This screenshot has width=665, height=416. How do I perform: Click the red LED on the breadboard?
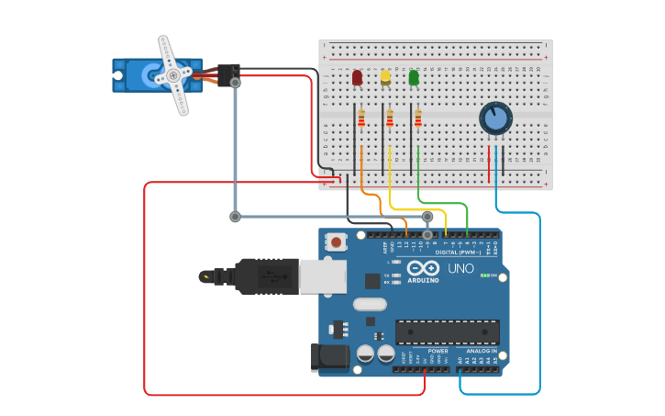coord(357,78)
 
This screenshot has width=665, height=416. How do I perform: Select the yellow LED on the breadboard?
coord(385,77)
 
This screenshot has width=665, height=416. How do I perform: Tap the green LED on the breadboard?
coord(414,77)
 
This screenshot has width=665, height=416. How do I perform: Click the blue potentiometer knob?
coord(495,118)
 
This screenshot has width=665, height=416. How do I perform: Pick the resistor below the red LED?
coord(361,118)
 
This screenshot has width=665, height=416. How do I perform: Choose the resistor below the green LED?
coord(418,118)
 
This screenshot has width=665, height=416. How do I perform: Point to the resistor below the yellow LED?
coord(390,118)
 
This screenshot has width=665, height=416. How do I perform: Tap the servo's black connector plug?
coord(228,73)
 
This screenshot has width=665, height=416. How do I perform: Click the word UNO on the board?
coord(460,268)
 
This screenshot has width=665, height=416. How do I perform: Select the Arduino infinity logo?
coord(424,268)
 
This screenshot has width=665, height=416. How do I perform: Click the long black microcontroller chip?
coord(447,332)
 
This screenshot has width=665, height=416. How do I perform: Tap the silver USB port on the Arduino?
coord(323,275)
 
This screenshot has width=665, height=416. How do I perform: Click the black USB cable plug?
coord(266,275)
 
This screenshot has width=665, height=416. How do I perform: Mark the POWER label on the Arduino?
coord(438,351)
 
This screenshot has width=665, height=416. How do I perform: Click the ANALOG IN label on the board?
coord(482,351)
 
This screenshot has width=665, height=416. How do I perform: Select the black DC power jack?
coord(331,356)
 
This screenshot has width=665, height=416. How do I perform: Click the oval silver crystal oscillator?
coord(370,304)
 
